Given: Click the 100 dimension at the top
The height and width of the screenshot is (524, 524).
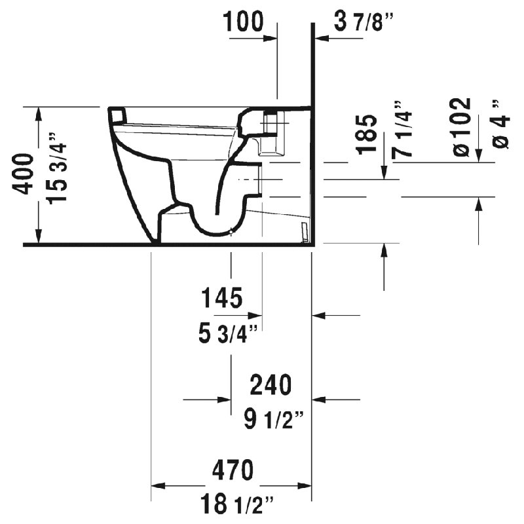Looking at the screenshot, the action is (243, 22).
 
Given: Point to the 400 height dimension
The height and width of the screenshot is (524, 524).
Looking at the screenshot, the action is (23, 174).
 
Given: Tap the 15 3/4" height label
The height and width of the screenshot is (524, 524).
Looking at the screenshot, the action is (57, 168).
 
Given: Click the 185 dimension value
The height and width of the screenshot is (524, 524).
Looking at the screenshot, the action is (367, 134).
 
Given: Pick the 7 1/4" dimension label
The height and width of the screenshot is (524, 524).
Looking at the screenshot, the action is (402, 128).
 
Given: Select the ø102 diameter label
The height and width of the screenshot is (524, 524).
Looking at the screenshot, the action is (462, 127).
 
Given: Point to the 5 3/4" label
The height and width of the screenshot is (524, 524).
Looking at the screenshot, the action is (228, 333).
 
